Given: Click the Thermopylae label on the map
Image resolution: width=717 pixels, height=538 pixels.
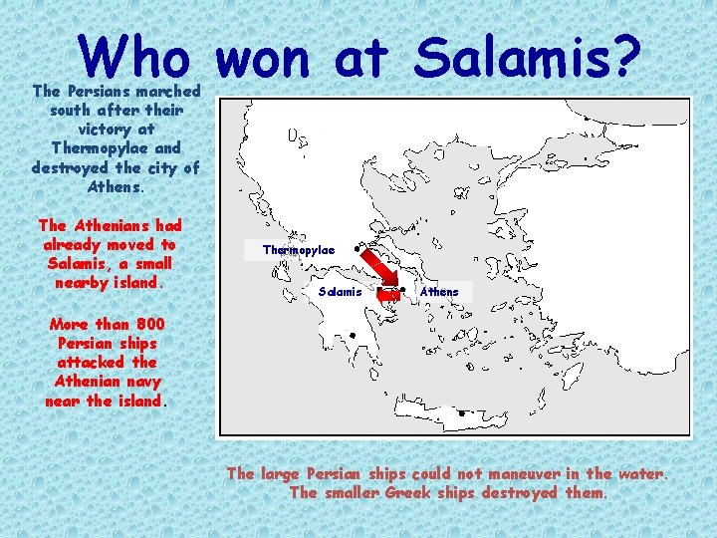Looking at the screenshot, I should coord(299,249).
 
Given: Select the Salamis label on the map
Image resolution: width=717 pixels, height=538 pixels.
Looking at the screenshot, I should coord(342,291).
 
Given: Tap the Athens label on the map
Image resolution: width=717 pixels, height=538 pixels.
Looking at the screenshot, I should coord(439,291).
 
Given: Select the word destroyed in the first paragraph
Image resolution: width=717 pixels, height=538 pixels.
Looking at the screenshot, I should coord(72,167).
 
